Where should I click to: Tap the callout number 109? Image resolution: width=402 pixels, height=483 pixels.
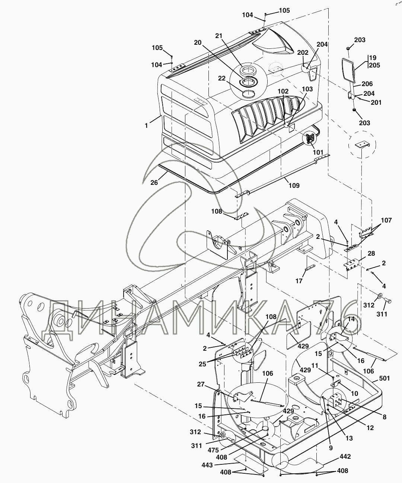(294, 185)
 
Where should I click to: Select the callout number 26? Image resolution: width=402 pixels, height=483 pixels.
(154, 183)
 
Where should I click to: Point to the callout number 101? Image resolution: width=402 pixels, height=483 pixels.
(318, 152)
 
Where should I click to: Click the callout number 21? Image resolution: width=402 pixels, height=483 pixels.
(218, 36)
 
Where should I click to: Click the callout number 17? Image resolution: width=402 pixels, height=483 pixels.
(299, 281)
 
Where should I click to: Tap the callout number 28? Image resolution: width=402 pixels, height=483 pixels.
(371, 253)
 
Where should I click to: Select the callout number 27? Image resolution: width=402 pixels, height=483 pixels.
(201, 384)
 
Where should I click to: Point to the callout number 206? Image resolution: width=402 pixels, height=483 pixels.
(367, 84)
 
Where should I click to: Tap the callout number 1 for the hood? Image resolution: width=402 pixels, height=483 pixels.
(146, 126)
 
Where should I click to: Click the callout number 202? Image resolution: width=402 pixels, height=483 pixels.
(303, 53)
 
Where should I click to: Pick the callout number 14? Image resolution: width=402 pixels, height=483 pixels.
(351, 319)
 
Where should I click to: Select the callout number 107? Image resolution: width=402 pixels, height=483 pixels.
(386, 220)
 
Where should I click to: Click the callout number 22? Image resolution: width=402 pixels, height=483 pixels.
(221, 78)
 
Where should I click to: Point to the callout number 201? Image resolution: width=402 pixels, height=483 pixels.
(376, 102)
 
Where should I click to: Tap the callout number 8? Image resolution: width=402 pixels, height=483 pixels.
(385, 417)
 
